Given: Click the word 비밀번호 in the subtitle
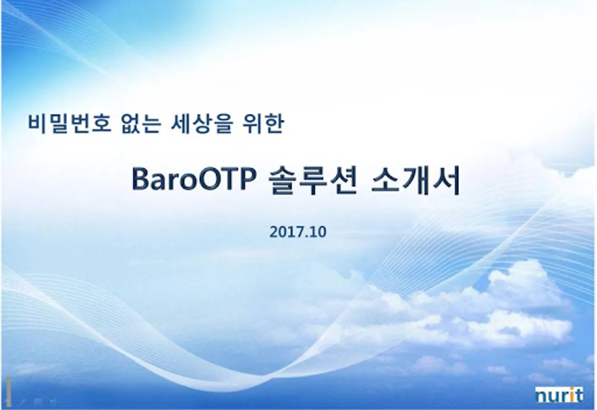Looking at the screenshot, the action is (x=70, y=123).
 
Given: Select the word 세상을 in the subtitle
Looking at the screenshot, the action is (x=202, y=123).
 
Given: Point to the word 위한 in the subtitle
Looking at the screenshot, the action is (x=263, y=123).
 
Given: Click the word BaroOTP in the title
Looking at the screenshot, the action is (x=193, y=179).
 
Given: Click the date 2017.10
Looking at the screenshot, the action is (x=298, y=232).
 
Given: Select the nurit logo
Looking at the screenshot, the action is (x=559, y=395).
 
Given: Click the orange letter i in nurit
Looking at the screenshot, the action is (x=571, y=395).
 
